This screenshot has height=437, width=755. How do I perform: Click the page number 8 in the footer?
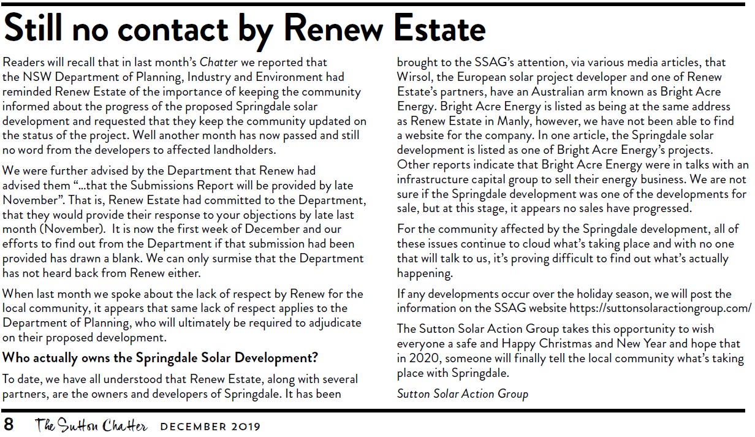(x=9, y=424)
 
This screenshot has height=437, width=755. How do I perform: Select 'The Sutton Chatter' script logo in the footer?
(x=91, y=424)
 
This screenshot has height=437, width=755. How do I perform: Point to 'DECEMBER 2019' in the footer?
(x=210, y=425)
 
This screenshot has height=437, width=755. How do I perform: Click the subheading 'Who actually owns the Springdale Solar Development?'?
(x=160, y=357)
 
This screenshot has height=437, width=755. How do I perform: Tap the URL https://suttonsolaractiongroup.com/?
(x=660, y=308)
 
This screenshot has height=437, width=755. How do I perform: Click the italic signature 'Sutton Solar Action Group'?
(x=462, y=393)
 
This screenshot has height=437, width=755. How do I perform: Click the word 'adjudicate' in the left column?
(x=332, y=322)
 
